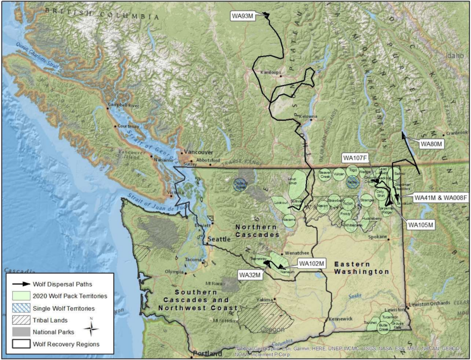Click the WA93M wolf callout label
pyautogui.click(x=242, y=16)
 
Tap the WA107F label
pyautogui.click(x=355, y=158)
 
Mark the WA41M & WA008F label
pyautogui.click(x=440, y=198)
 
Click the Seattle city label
pyautogui.click(x=218, y=239)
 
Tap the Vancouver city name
pyautogui.click(x=200, y=152)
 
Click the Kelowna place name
pyautogui.click(x=308, y=116)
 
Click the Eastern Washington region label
pyautogui.click(x=362, y=268)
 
